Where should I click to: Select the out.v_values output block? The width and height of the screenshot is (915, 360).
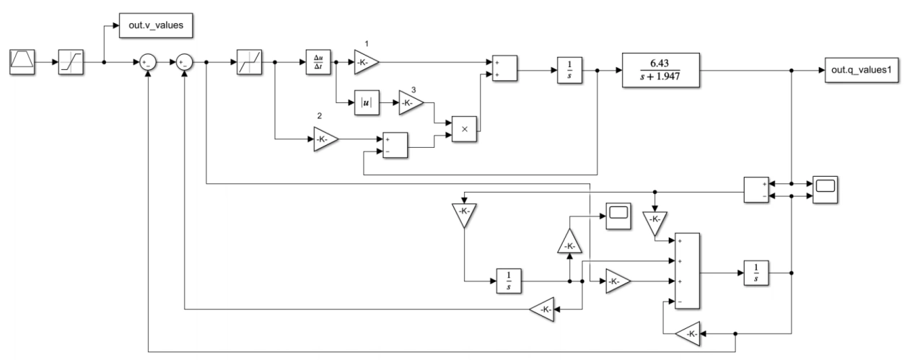coord(156,30)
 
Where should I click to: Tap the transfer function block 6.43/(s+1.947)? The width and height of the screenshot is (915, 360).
coord(660,71)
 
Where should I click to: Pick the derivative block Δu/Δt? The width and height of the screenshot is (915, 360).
coord(318,62)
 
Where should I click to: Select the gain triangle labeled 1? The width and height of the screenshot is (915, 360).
coord(364,62)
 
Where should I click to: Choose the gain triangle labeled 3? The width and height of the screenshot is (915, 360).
coord(411,102)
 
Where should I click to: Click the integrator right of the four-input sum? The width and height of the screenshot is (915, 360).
coord(753,273)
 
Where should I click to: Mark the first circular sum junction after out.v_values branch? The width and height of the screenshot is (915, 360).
coord(148,62)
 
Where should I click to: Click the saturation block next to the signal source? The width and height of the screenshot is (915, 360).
coord(71,62)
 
